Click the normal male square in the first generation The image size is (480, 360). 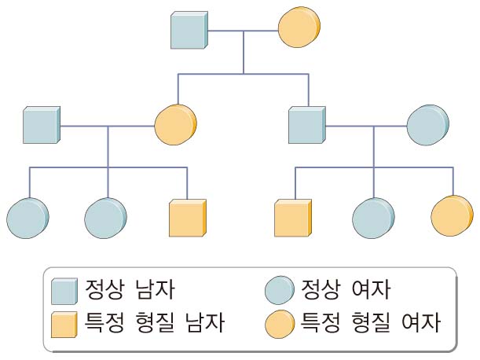[189, 31]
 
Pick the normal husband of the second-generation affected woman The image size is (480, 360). [41, 125]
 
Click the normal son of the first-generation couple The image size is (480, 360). [306, 125]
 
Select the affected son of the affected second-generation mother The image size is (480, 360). [188, 218]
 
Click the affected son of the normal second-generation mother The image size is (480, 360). [293, 218]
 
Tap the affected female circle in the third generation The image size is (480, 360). [452, 216]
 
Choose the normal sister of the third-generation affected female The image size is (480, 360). [372, 218]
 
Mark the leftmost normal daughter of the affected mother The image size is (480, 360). [27, 218]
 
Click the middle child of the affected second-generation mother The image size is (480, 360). [104, 218]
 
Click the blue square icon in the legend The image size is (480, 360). [64, 292]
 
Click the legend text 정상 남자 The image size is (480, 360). [129, 290]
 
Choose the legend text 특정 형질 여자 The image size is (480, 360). [367, 323]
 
